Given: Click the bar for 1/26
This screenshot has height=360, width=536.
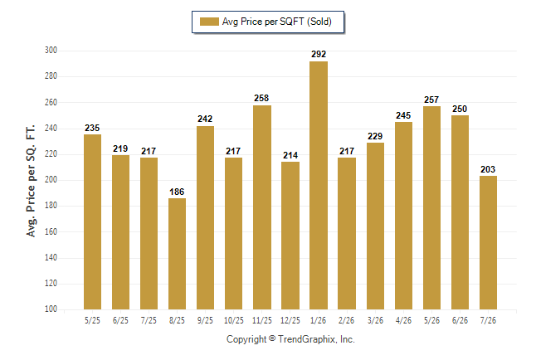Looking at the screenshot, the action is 319,185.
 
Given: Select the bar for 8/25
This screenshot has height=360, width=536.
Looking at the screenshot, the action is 177,254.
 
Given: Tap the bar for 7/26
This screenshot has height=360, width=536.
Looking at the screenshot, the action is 488,243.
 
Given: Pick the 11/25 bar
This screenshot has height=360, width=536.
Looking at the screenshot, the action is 262,207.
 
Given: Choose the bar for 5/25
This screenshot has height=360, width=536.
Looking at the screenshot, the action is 92,221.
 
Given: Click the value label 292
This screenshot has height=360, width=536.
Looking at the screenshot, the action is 319,54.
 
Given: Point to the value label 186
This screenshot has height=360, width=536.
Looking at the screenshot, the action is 177,192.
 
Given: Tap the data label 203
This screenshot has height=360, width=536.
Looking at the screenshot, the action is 488,169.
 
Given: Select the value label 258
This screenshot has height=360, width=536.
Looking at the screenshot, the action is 261,98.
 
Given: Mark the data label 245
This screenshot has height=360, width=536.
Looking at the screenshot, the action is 403,115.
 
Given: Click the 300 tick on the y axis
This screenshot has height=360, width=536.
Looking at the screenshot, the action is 51,51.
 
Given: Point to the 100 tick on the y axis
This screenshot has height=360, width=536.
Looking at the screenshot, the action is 51,309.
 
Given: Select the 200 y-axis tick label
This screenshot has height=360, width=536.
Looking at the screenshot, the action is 51,179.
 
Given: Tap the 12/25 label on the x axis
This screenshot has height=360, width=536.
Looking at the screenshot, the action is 290,320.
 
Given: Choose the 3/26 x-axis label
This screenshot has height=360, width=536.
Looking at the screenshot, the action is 375,320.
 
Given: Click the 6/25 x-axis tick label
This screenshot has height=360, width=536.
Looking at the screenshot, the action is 120,320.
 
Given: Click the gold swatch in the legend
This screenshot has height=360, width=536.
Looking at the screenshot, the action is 209,22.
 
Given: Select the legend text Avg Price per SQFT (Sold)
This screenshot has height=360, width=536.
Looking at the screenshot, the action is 277,22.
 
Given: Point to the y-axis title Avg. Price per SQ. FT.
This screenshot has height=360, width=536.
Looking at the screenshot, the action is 31,181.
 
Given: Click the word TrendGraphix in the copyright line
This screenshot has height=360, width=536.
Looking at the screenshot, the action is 307,339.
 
